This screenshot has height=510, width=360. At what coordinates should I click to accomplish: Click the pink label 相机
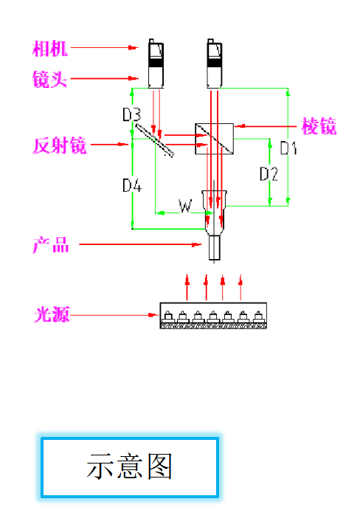coord(50,49)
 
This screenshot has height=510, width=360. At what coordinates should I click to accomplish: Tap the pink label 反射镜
coord(60,146)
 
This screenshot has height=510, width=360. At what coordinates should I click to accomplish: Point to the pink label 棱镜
coord(319,126)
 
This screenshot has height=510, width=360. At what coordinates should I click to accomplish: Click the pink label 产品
coord(50,245)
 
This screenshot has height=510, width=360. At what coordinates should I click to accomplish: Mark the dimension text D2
coord(269,175)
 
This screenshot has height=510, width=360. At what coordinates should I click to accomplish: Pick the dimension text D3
coord(131,114)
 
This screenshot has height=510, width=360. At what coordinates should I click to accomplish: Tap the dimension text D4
coord(131,185)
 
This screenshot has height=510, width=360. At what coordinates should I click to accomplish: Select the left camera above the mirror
coord(155,63)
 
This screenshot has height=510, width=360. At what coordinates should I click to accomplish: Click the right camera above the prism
coord(213,63)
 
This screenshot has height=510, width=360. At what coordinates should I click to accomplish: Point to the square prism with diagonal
coord(214,139)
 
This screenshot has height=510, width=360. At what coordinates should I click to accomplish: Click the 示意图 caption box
coord(129,467)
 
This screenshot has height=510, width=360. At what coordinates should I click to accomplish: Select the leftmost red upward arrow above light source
coord(187,283)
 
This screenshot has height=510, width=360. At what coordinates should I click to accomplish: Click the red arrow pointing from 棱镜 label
coord(266,127)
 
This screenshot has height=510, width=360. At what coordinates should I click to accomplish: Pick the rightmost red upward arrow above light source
coord(240,283)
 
